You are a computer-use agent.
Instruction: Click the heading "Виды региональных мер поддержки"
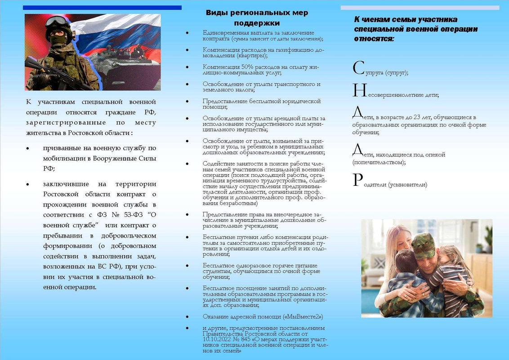click(x=257, y=18)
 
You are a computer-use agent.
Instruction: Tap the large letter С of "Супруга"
click(x=358, y=68)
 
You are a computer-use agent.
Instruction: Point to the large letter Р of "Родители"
click(x=357, y=180)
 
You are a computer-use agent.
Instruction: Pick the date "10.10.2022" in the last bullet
click(x=218, y=340)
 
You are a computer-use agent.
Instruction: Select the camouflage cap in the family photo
click(x=423, y=246)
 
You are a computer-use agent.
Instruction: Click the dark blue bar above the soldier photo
click(x=102, y=8)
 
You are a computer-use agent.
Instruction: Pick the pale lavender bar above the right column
click(x=420, y=8)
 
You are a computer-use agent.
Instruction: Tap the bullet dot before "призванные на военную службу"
click(x=28, y=148)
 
